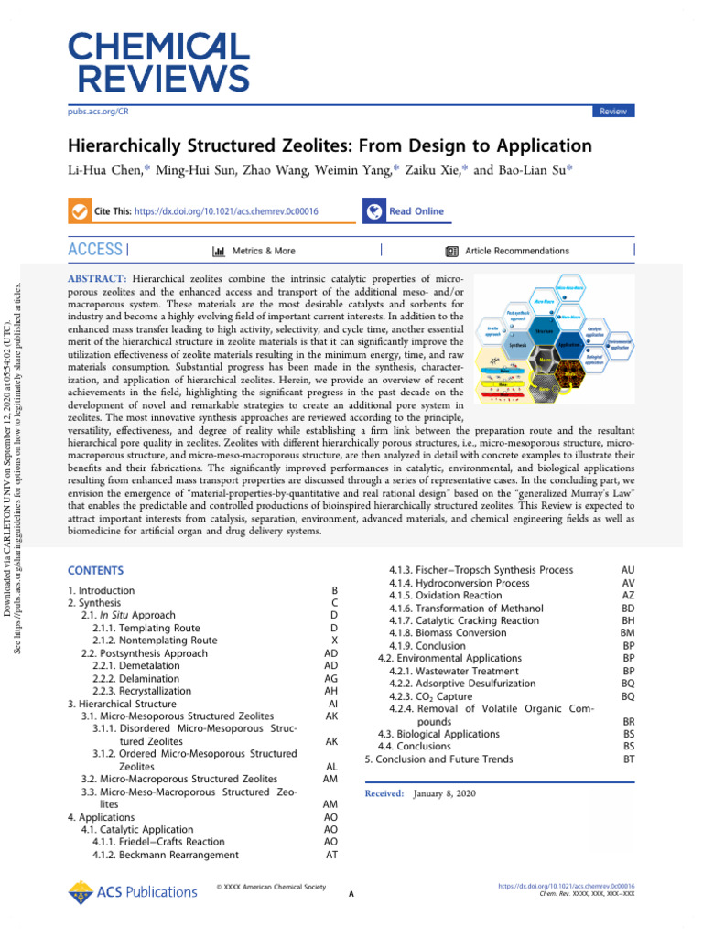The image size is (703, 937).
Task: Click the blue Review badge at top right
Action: (613, 111)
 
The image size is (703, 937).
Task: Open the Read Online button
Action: (404, 211)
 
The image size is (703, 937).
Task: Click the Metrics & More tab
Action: (254, 251)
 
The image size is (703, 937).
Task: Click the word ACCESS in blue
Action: (95, 250)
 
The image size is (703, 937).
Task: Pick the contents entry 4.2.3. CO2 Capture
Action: (430, 696)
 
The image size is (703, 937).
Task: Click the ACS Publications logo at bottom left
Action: (133, 891)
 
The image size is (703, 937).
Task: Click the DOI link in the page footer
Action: (567, 886)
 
